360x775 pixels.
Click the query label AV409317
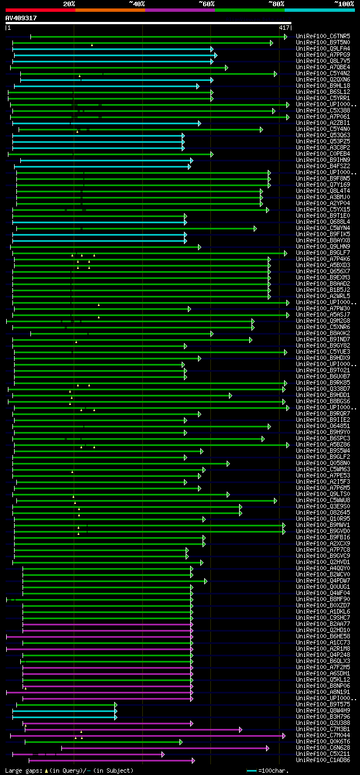coord(21,18)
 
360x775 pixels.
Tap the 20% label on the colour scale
coord(69,4)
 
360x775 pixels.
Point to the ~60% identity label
coord(206,4)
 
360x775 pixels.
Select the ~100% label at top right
coord(344,4)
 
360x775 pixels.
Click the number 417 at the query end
coord(284,28)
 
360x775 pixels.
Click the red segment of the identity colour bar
coord(40,10)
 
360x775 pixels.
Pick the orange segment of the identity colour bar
coord(110,10)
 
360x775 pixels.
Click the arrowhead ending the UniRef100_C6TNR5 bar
coord(286,37)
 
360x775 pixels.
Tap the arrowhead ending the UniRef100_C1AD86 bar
coord(193,760)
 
